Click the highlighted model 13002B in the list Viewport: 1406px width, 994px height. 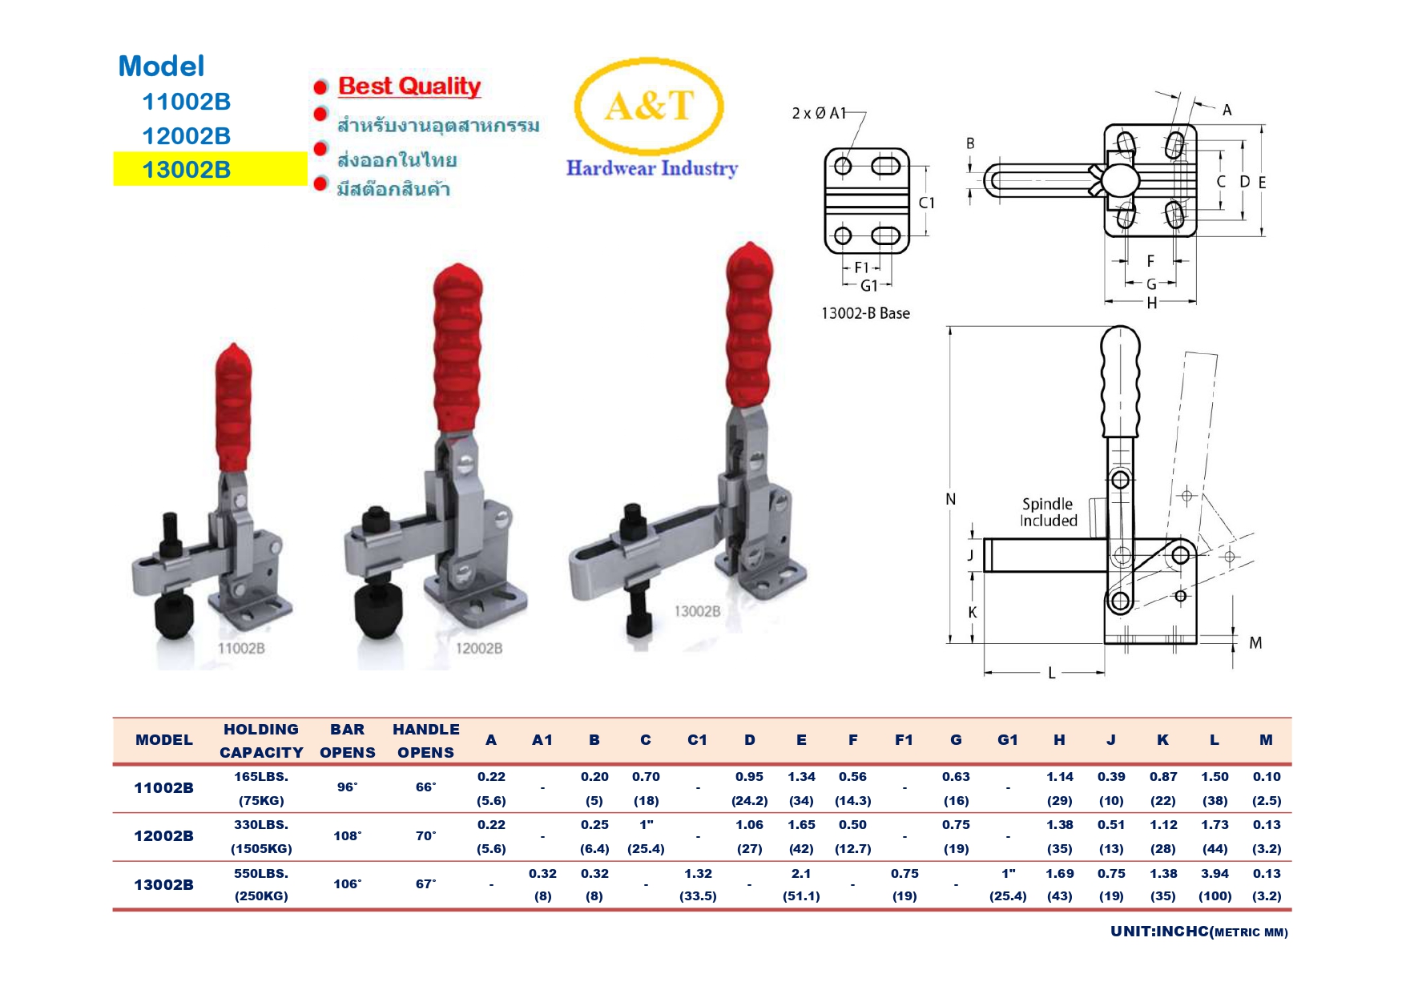click(x=187, y=169)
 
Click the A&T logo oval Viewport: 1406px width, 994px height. click(x=648, y=106)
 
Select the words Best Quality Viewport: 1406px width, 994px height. click(x=409, y=86)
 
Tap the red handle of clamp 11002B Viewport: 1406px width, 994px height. click(x=233, y=408)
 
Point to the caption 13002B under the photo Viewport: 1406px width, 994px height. click(x=697, y=611)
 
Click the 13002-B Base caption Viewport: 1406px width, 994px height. click(x=865, y=313)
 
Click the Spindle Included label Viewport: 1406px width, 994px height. click(x=1048, y=513)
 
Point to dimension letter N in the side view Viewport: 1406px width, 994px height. click(x=951, y=499)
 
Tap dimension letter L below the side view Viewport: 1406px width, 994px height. click(x=1052, y=674)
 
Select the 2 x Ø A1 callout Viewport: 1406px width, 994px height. click(x=819, y=113)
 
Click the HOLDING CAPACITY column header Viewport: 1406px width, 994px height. click(x=261, y=741)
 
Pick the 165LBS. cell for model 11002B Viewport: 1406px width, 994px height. click(x=261, y=777)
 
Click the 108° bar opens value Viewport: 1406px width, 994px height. click(x=347, y=835)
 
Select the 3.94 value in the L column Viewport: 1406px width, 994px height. click(x=1214, y=874)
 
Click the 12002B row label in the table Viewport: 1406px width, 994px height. click(x=163, y=835)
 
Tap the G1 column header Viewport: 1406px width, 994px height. click(x=1007, y=740)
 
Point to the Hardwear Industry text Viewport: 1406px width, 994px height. click(x=651, y=168)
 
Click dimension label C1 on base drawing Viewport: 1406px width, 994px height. click(x=927, y=203)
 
